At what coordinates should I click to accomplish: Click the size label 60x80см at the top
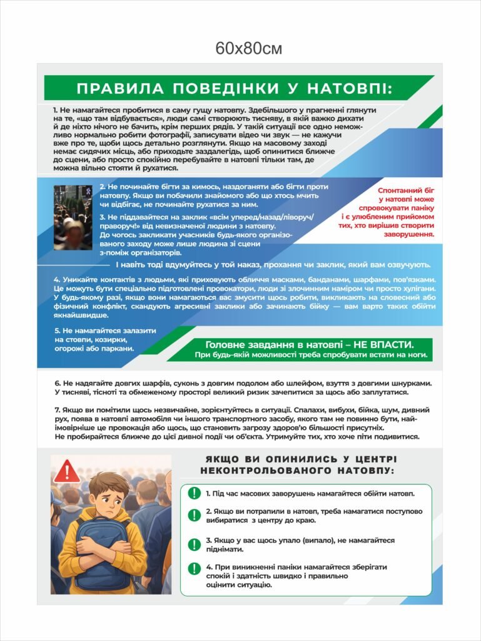coord(249,48)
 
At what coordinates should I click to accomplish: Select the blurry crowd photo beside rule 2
coord(73,217)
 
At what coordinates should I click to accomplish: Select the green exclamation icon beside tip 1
coord(195,493)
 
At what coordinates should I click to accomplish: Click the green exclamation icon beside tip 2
coord(195,515)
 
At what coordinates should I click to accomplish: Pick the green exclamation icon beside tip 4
coord(195,569)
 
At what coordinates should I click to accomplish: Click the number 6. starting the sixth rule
coord(58,382)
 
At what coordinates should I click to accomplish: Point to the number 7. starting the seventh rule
coord(58,409)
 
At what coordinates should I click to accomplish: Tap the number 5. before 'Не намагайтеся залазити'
coord(57,330)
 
